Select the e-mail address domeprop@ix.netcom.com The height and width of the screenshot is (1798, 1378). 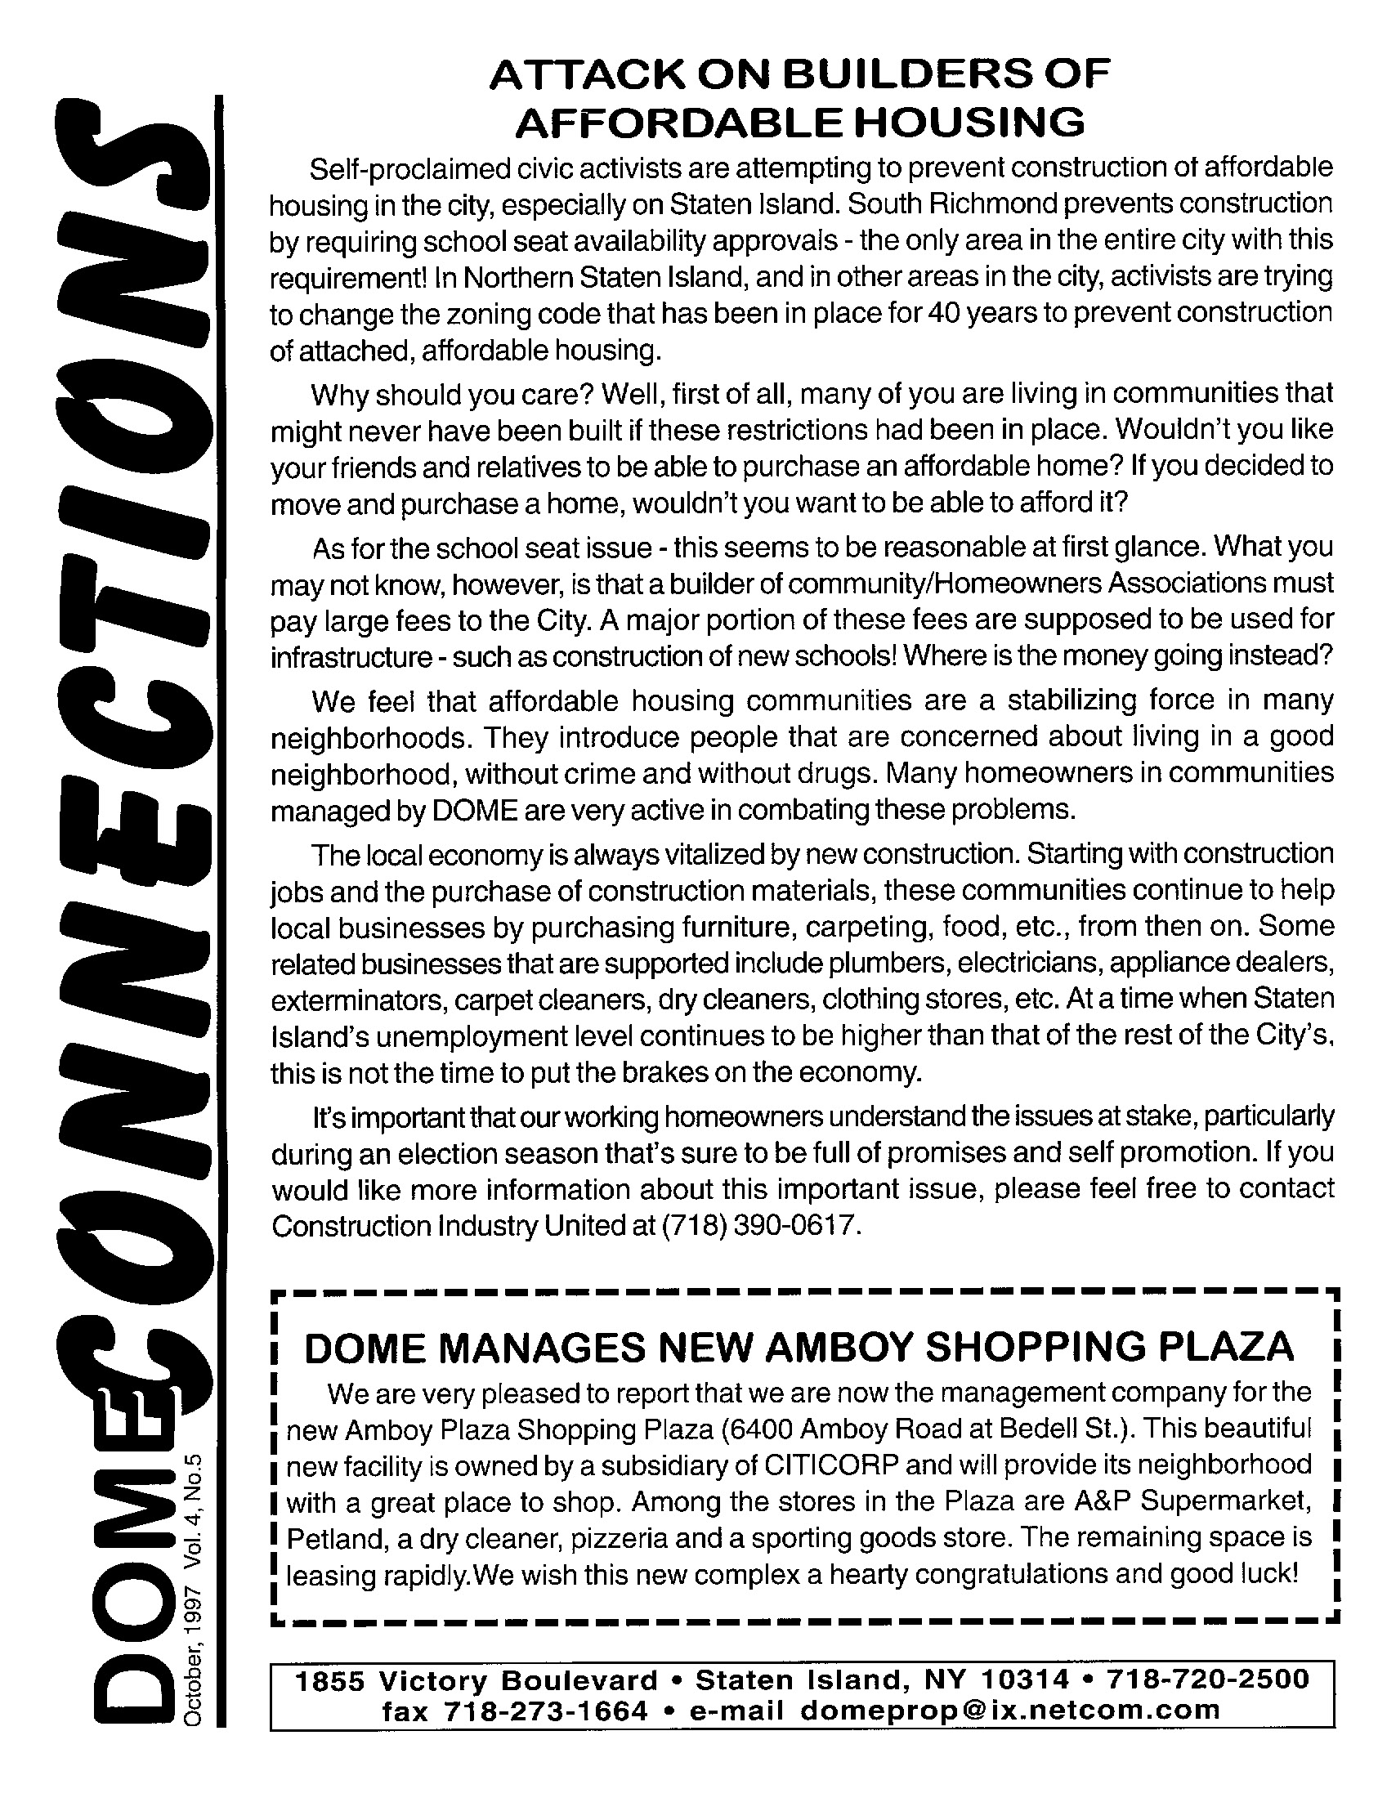tap(1009, 1710)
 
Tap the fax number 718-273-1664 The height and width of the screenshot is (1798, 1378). tap(545, 1710)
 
